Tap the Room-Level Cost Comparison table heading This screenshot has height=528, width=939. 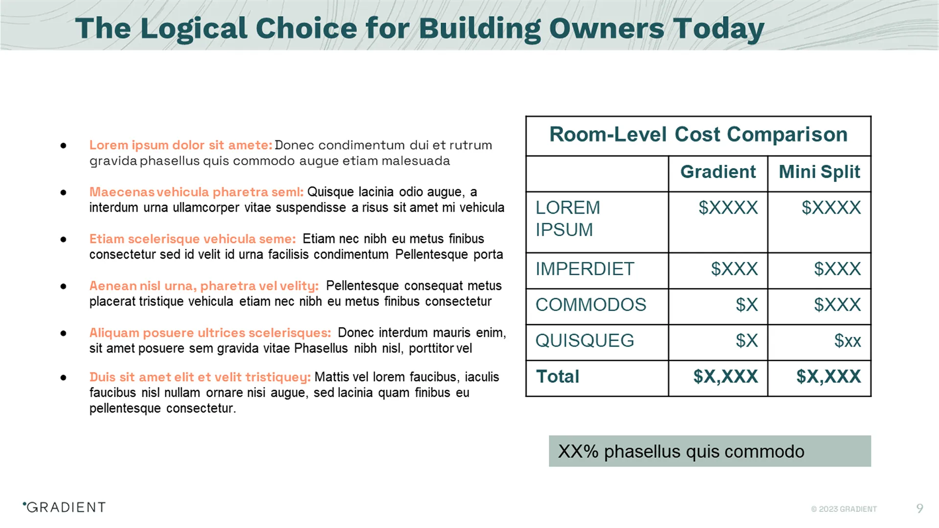click(x=698, y=134)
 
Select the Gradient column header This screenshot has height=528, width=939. click(x=717, y=172)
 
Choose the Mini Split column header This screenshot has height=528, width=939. click(x=819, y=172)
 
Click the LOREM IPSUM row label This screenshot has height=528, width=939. click(x=568, y=219)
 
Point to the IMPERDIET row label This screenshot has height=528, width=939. click(x=584, y=269)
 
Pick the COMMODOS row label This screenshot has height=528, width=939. click(x=590, y=305)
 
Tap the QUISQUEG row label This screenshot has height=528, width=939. click(x=584, y=341)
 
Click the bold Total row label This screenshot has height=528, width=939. click(x=558, y=376)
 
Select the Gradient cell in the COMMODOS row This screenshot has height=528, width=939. click(x=746, y=305)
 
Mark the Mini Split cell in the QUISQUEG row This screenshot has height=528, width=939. click(x=847, y=341)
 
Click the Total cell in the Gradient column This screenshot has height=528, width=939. click(x=725, y=376)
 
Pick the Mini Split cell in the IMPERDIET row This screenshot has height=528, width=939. click(x=837, y=269)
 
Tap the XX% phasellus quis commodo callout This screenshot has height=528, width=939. click(x=709, y=451)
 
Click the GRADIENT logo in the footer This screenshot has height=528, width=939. click(x=65, y=507)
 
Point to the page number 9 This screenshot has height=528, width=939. click(x=919, y=508)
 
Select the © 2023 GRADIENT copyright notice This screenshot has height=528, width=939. click(x=844, y=509)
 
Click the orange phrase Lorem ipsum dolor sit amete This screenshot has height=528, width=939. click(x=180, y=145)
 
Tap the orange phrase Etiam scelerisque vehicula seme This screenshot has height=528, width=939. click(x=192, y=239)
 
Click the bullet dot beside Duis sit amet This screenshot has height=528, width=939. click(x=64, y=377)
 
